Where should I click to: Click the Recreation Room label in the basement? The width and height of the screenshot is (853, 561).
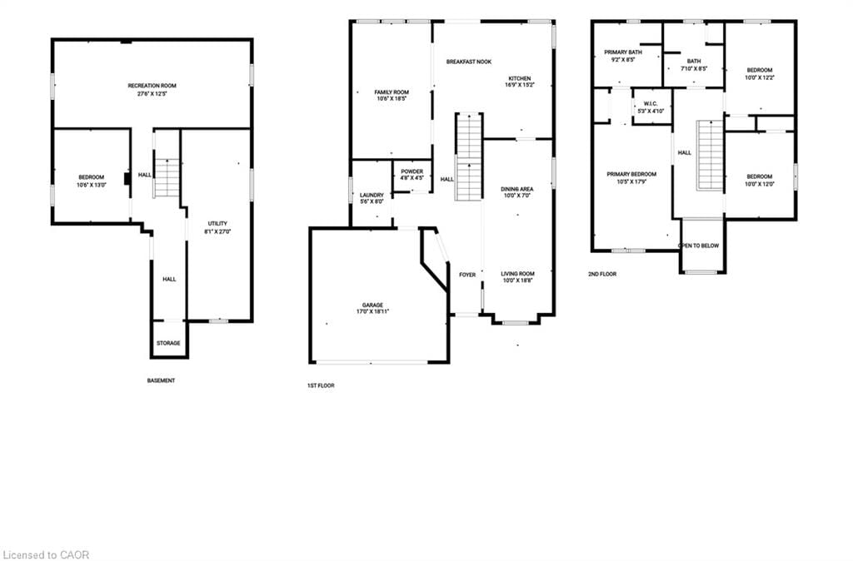(x=152, y=86)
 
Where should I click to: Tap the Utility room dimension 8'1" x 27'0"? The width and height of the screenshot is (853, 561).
(x=219, y=231)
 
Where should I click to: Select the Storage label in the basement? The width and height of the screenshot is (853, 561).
(x=168, y=343)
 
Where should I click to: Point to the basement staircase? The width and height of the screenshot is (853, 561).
(x=167, y=178)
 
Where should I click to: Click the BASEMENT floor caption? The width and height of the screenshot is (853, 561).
(x=161, y=380)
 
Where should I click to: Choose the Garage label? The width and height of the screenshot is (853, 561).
(x=372, y=305)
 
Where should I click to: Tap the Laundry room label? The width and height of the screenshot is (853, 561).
(x=372, y=195)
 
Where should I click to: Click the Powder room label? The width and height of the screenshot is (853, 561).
(x=412, y=171)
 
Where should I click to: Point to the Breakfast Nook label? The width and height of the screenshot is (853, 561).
(x=468, y=62)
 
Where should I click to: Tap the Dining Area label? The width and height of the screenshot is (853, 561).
(x=516, y=189)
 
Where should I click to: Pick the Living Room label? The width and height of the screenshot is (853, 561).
(x=517, y=274)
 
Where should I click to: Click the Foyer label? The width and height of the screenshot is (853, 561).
(x=467, y=274)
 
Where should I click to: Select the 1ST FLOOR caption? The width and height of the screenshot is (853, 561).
(x=321, y=385)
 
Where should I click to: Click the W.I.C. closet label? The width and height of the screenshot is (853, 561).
(x=651, y=104)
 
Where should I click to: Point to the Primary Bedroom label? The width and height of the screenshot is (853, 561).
(x=631, y=174)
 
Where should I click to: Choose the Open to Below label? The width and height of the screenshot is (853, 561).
(x=699, y=246)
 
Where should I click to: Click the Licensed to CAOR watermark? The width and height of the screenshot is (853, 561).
(x=46, y=554)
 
